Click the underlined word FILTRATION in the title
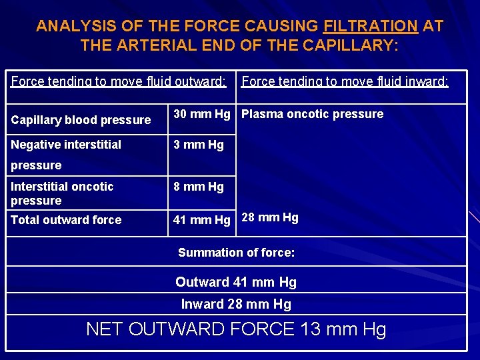tap(370, 27)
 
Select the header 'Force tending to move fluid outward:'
tap(119, 82)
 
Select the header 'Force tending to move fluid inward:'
tap(345, 82)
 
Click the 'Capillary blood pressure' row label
tap(81, 120)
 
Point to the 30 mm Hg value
tap(202, 114)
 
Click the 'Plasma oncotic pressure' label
tap(312, 114)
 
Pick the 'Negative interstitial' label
tap(66, 145)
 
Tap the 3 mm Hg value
tap(199, 145)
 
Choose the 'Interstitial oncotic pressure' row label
tap(62, 193)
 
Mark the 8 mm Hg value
tap(199, 187)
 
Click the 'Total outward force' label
tap(66, 220)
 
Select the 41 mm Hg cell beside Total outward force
tap(202, 220)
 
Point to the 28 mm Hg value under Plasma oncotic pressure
tap(270, 217)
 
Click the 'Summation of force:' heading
tap(236, 253)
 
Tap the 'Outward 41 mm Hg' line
tap(236, 282)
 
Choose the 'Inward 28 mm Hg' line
tap(236, 305)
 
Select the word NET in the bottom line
tap(105, 329)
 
